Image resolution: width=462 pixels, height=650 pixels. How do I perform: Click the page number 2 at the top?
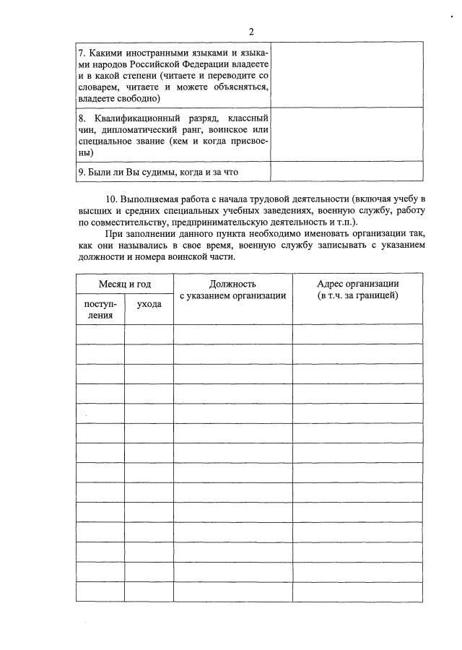[250, 32]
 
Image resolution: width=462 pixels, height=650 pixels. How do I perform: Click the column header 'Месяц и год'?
[124, 285]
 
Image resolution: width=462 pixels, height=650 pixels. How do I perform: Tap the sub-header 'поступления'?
[100, 309]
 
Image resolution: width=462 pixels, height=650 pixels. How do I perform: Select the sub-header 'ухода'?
[149, 305]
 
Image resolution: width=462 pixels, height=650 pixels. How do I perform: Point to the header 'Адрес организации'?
[357, 283]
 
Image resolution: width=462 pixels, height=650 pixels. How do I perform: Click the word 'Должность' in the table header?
[232, 285]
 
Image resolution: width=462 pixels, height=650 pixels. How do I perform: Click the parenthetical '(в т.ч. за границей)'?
[357, 295]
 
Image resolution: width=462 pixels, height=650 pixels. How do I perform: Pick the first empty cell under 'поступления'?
[100, 334]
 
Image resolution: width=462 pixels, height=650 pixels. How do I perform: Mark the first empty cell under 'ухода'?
[149, 334]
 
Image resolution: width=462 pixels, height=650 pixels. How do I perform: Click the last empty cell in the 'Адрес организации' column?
[357, 591]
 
